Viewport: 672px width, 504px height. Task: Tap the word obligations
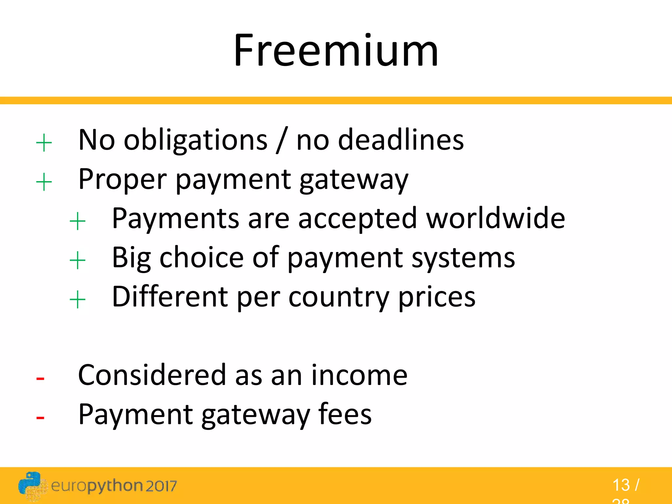point(196,140)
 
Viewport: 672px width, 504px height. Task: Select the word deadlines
point(401,140)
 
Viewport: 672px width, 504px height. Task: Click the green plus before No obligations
point(44,143)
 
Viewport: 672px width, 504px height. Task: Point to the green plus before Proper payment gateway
point(44,182)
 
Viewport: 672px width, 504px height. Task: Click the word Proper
point(123,180)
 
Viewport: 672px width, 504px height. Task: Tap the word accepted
point(357,219)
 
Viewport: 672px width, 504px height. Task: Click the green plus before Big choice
point(77,261)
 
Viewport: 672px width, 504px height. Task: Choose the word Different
point(170,297)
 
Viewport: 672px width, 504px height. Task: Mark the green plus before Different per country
point(77,300)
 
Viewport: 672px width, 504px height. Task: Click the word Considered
point(152,375)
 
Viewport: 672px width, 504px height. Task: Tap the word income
point(359,375)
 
